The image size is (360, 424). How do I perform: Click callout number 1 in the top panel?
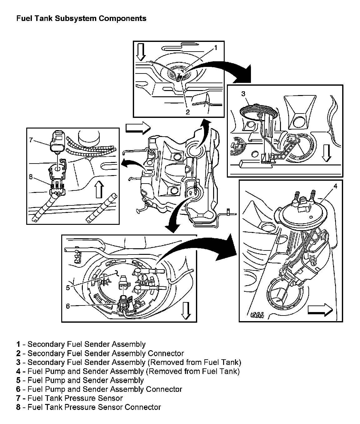click(215, 48)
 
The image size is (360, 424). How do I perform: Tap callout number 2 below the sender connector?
click(187, 112)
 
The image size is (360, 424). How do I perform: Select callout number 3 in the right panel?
click(243, 93)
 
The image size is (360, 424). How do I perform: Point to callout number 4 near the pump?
click(335, 186)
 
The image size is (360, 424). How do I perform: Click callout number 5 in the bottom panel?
click(68, 287)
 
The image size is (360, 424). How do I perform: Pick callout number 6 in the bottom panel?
click(68, 306)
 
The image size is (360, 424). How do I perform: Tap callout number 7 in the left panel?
click(31, 140)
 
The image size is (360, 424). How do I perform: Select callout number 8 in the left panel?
click(31, 177)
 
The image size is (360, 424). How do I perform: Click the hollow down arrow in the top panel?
click(141, 52)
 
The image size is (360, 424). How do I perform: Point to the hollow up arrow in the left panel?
click(99, 190)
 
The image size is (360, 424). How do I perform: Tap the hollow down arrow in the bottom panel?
click(186, 310)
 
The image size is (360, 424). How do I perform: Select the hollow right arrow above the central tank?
click(138, 128)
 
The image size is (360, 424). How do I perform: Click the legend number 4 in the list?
click(18, 371)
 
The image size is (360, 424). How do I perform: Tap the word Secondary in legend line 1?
click(46, 344)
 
